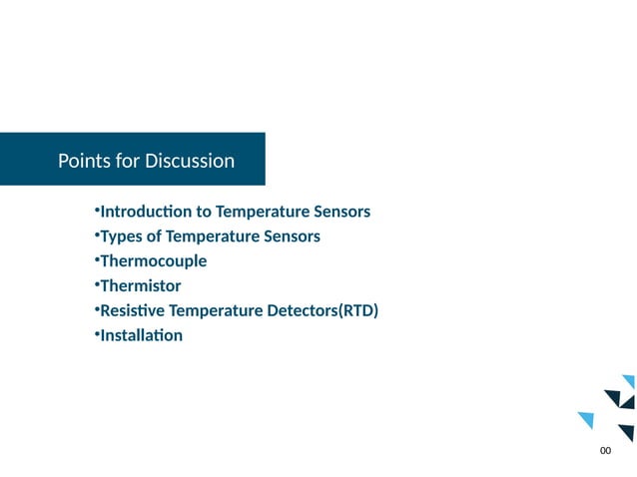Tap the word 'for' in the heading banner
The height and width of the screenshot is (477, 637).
[x=127, y=161]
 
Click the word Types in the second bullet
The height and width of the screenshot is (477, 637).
[x=122, y=237]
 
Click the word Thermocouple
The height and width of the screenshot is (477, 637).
[x=154, y=261]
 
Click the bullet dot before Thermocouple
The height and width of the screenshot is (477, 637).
[x=98, y=259]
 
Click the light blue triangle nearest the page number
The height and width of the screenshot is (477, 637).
[x=586, y=419]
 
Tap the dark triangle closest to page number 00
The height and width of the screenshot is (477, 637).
[x=627, y=431]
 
